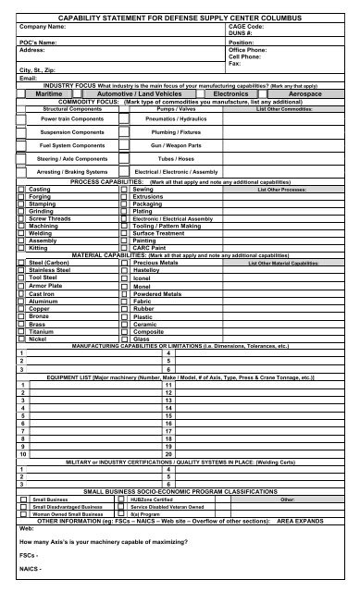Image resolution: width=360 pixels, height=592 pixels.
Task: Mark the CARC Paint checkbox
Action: (x=126, y=247)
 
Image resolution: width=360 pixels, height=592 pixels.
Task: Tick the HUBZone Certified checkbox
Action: (x=126, y=499)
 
